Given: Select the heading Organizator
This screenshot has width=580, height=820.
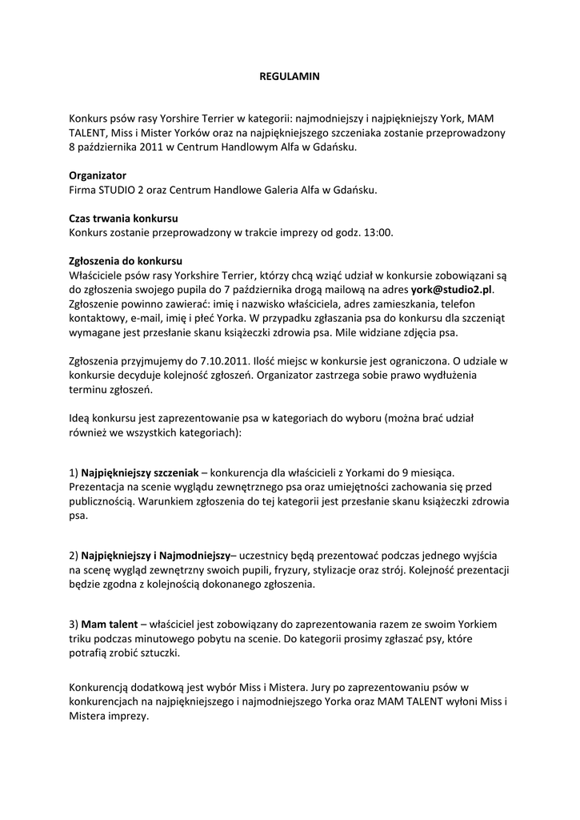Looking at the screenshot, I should click(x=97, y=175).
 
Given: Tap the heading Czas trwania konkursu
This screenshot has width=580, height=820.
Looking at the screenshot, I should click(x=123, y=218).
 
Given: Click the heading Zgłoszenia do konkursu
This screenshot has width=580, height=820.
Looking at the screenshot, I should click(x=126, y=261).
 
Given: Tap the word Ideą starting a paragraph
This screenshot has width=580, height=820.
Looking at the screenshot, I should click(x=81, y=419).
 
